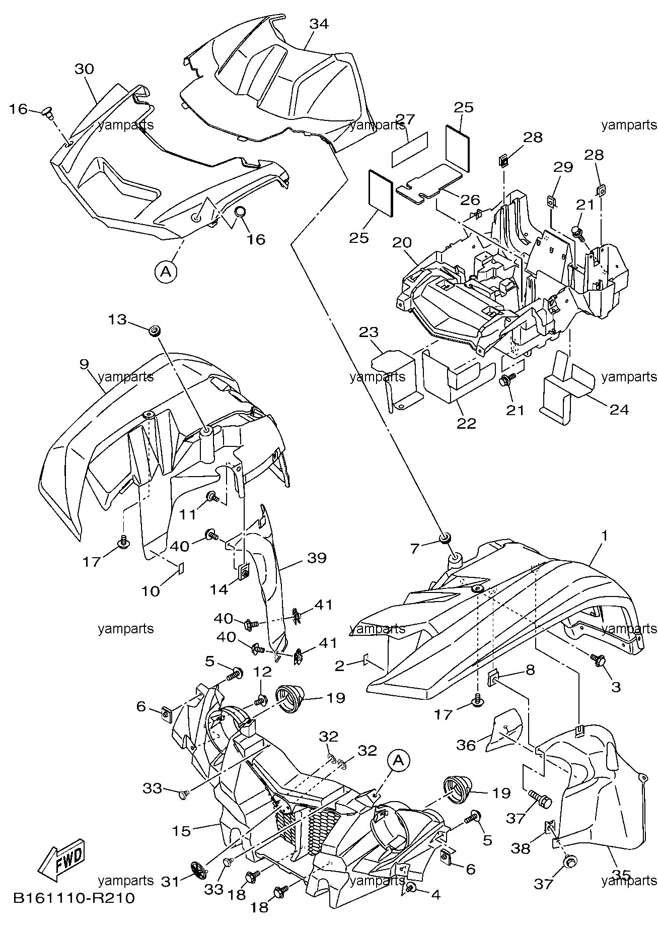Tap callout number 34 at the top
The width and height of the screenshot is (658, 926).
coord(319,24)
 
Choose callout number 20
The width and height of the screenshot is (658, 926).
coord(402,243)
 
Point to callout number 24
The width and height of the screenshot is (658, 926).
coord(619,410)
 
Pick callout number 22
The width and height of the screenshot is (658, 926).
coord(466,423)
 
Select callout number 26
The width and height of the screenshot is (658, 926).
coord(470,200)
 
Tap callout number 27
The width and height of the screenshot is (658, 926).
coord(405,119)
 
